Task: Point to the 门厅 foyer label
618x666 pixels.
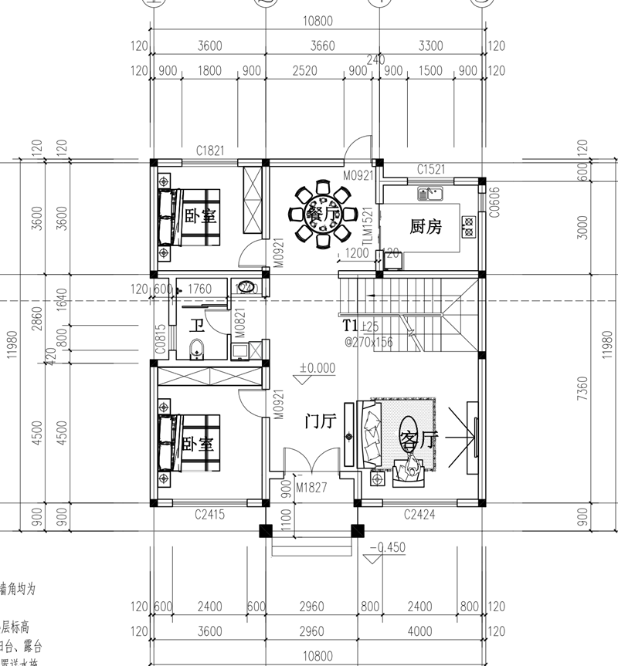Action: (x=320, y=421)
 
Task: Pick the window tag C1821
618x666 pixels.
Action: (x=210, y=151)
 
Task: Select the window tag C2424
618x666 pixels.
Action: (x=419, y=514)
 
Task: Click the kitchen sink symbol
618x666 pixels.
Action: (x=429, y=192)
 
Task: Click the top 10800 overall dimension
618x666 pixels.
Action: (x=318, y=22)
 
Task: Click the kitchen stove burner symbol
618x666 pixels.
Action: (x=468, y=225)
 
